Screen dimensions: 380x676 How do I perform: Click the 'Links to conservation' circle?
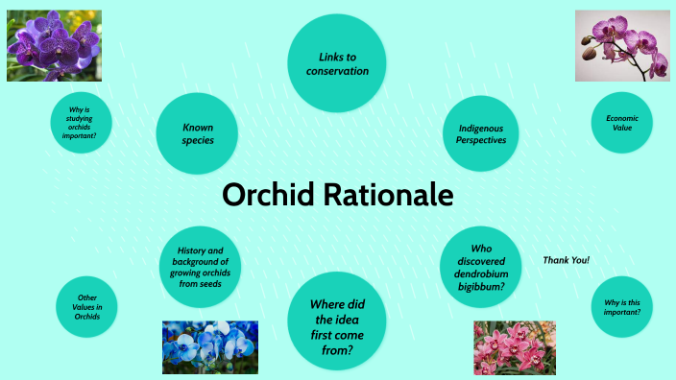(x=337, y=63)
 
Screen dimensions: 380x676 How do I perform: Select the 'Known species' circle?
(x=198, y=133)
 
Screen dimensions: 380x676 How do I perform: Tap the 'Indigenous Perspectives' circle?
(x=481, y=133)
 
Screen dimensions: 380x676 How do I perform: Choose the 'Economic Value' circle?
(x=622, y=122)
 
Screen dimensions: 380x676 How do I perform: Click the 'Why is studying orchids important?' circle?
(x=82, y=122)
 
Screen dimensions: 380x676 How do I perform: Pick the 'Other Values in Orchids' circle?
(x=89, y=306)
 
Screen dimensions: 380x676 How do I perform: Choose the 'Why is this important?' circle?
(x=622, y=307)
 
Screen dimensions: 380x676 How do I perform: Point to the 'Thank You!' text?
(x=566, y=260)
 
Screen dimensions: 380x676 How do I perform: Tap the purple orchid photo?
(x=54, y=45)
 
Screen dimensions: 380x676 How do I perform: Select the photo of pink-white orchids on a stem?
(x=622, y=45)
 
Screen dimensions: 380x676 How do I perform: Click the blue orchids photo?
(x=210, y=346)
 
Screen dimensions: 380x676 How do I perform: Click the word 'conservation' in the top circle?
(x=337, y=71)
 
